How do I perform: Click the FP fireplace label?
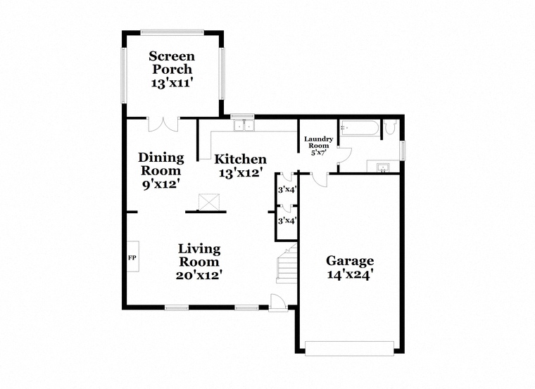click(x=132, y=257)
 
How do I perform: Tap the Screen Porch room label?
click(x=172, y=63)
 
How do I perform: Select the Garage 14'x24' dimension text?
click(x=348, y=274)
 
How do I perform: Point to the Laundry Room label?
click(x=319, y=142)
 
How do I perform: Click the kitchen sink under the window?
click(x=244, y=125)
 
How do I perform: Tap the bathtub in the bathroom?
click(x=359, y=128)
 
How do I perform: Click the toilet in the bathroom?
click(x=389, y=126)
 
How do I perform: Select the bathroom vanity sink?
click(x=383, y=167)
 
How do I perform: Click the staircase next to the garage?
click(x=287, y=264)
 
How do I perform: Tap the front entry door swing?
click(x=277, y=302)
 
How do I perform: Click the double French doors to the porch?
click(x=163, y=125)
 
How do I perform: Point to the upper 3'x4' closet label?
click(x=287, y=189)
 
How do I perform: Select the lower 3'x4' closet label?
click(x=287, y=221)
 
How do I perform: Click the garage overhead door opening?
click(x=349, y=348)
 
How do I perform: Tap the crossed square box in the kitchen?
click(x=209, y=202)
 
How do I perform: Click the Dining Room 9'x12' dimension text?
click(x=161, y=184)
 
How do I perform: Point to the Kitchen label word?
click(x=240, y=159)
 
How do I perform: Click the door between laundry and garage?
click(x=320, y=179)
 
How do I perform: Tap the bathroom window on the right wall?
click(x=403, y=151)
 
